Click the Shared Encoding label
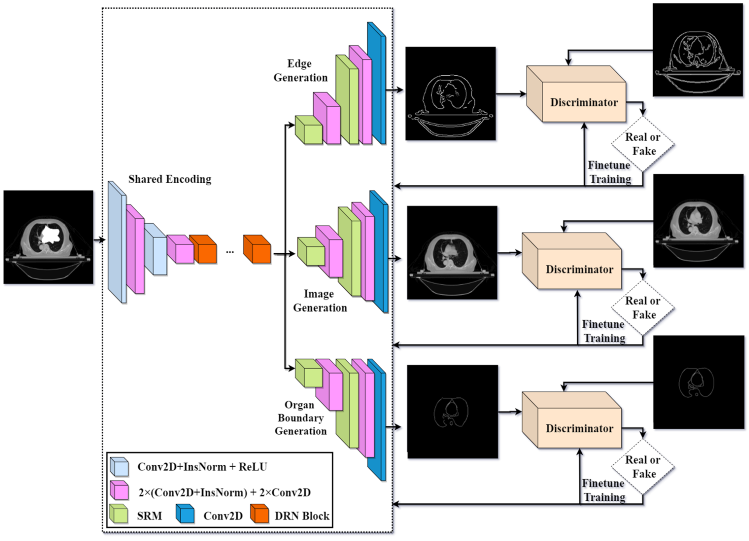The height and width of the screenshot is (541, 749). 169,179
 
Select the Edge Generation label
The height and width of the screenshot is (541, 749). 300,71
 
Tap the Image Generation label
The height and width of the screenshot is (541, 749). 320,301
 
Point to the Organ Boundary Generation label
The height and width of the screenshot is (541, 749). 300,418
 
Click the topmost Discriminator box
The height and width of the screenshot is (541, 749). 583,102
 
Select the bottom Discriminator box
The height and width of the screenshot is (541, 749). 579,428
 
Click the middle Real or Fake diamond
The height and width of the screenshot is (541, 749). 643,308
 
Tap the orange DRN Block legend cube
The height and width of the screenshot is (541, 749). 260,514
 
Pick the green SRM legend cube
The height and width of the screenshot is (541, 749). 119,514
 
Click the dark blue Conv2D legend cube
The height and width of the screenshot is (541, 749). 185,514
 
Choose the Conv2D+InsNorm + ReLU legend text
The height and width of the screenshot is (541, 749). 202,467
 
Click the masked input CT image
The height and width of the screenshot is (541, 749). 48,237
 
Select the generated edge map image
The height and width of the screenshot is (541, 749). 450,94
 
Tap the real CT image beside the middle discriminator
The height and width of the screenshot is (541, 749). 698,221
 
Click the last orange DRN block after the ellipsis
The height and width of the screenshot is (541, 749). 257,249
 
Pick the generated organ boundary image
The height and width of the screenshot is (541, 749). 452,412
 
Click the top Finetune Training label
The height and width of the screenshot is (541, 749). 609,172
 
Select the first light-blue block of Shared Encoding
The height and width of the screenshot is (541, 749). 116,242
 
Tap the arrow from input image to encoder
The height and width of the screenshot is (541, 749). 99,240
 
